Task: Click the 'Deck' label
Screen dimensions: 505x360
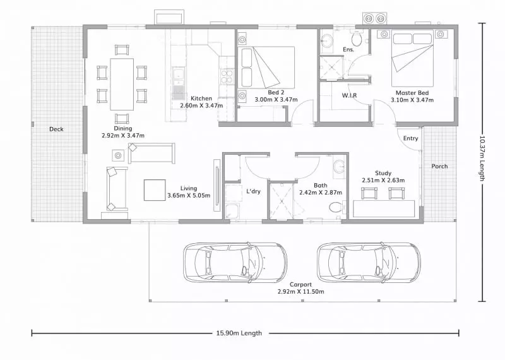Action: [56, 129]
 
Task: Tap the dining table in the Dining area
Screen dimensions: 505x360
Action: [122, 84]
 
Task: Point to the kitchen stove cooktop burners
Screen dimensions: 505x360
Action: [227, 76]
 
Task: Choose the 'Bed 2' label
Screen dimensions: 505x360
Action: [276, 92]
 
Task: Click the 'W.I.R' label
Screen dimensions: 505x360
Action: [350, 95]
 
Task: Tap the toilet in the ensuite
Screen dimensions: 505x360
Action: [357, 39]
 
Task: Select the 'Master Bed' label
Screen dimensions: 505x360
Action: [412, 93]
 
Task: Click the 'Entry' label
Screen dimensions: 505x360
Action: [411, 138]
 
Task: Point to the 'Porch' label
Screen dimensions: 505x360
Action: [439, 166]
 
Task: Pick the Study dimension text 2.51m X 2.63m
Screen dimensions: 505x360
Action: [383, 180]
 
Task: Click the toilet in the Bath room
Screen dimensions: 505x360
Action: [336, 207]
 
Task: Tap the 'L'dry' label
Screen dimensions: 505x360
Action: [253, 191]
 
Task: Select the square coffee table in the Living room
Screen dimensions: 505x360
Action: [155, 190]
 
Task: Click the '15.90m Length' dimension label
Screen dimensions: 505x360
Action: [239, 333]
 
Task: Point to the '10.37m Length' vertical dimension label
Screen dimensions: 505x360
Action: [482, 158]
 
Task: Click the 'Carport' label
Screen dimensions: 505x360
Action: [301, 285]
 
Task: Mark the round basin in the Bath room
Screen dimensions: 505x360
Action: [339, 167]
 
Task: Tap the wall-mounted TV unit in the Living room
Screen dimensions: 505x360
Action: [217, 185]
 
